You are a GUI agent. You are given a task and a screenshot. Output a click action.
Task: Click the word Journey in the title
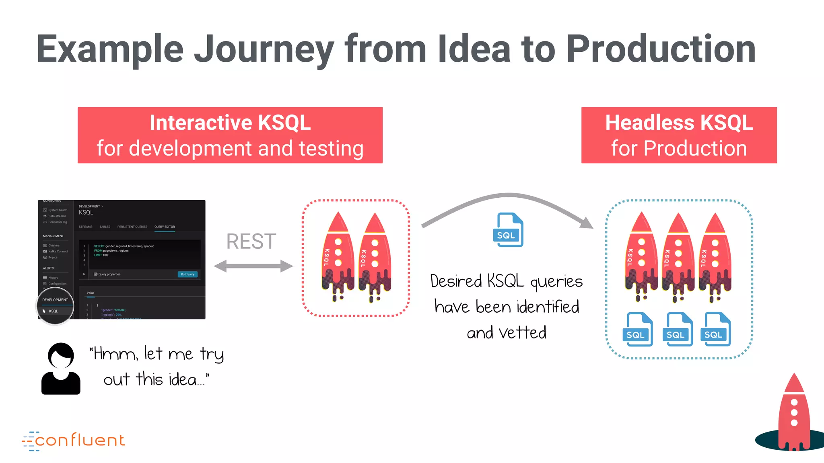coord(264,50)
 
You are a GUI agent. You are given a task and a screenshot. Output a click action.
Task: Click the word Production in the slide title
coord(661,49)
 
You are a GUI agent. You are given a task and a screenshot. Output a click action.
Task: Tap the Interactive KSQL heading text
coord(230,123)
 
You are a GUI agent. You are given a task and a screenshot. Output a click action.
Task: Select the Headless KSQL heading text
coord(679,123)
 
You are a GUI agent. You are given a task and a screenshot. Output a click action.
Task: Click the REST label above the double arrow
coord(251,242)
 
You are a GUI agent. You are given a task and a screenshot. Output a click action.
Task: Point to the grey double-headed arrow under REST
coord(253,266)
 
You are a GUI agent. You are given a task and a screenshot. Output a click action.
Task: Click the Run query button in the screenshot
coord(187,274)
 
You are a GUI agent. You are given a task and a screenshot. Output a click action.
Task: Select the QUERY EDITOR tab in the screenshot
coord(165,227)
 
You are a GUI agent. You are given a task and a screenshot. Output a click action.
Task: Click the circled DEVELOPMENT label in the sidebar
coord(55,300)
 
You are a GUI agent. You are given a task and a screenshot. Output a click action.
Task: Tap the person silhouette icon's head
coord(61,355)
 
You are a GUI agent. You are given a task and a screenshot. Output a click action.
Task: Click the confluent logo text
coord(80,440)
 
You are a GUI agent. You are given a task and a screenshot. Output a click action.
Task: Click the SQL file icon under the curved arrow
coord(508,230)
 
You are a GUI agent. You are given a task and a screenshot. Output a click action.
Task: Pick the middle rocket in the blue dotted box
coord(678,257)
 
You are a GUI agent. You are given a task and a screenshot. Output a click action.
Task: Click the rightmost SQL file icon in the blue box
coord(716,329)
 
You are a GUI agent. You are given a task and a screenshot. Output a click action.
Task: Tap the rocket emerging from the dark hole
coord(793,414)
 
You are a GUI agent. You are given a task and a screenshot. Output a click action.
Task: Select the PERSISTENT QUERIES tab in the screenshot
coord(132,227)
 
